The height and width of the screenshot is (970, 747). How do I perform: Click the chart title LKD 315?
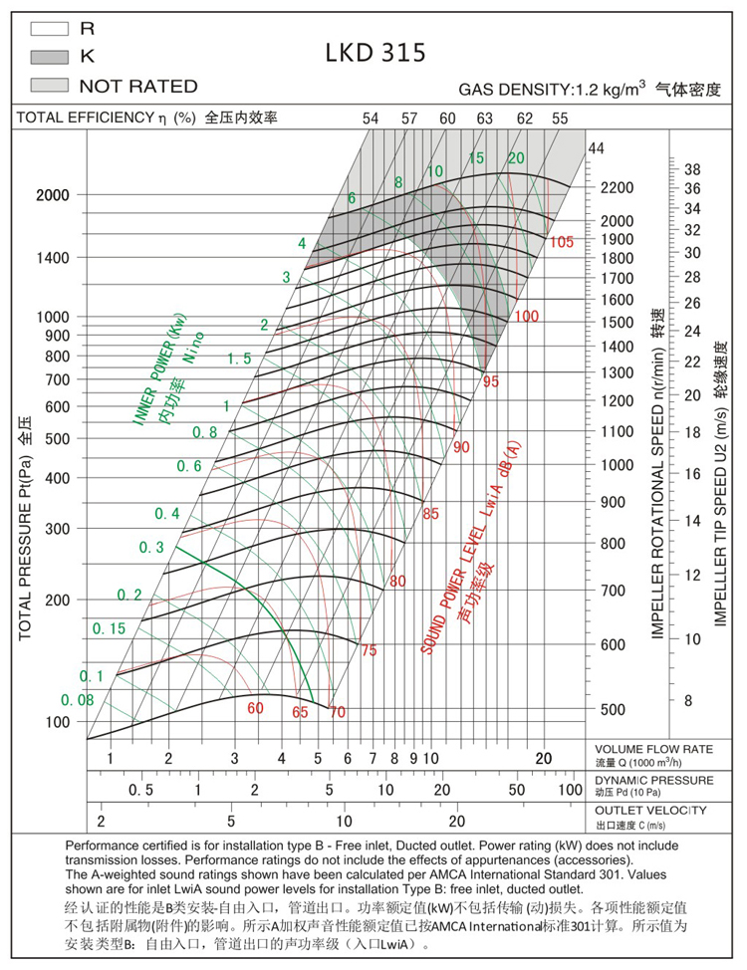click(x=375, y=52)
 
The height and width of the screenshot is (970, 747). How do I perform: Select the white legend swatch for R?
click(x=48, y=30)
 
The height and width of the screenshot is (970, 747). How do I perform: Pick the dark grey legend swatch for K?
click(x=48, y=58)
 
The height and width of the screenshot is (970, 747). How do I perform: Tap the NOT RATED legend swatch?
click(x=48, y=86)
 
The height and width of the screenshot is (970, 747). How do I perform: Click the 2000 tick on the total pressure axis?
click(x=53, y=195)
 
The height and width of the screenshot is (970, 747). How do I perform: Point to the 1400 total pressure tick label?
click(x=53, y=258)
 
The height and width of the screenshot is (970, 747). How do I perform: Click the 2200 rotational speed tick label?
click(x=618, y=188)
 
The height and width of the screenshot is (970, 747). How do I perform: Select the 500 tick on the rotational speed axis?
click(x=614, y=710)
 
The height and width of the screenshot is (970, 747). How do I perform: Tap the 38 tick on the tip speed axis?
click(x=693, y=169)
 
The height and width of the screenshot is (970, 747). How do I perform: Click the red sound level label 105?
click(x=562, y=242)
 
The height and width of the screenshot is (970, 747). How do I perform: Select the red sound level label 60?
click(x=256, y=708)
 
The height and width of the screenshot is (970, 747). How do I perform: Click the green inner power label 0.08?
click(x=77, y=700)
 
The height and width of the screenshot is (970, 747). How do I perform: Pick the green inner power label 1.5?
click(x=238, y=359)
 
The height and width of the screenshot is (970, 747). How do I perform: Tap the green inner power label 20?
click(x=515, y=157)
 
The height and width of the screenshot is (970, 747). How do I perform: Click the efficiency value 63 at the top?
click(x=485, y=119)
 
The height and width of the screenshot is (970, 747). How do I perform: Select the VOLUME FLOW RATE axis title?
click(x=653, y=749)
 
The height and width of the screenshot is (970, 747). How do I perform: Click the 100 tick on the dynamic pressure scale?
click(x=569, y=790)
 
